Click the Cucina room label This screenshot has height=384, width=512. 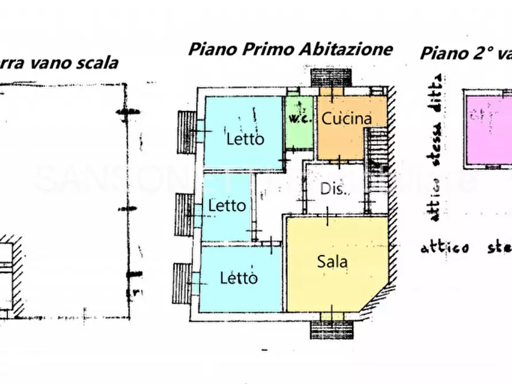346,119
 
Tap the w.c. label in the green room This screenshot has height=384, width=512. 299,119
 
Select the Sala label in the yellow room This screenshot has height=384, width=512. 333,261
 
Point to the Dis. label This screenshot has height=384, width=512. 333,189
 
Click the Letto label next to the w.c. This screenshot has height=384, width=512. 245,139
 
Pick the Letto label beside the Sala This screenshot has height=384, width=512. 239,279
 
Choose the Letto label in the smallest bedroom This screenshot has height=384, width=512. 227,205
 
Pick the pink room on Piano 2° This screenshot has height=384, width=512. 488,130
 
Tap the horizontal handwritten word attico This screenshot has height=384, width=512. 444,248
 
